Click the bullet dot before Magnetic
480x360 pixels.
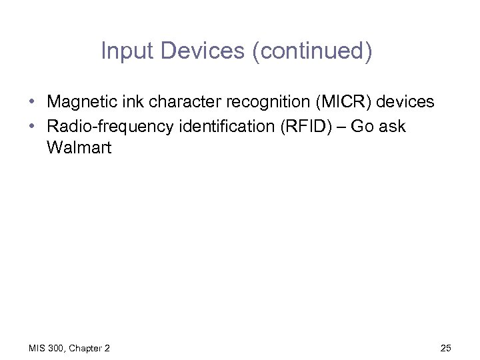[x=32, y=103]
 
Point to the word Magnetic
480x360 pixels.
[x=79, y=103]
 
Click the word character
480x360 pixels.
[x=175, y=103]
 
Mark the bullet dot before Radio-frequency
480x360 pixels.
[x=32, y=126]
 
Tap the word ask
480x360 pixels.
[x=393, y=126]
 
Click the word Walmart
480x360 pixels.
[x=79, y=148]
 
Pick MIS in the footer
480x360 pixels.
[x=37, y=348]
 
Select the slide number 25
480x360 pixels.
[x=446, y=348]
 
